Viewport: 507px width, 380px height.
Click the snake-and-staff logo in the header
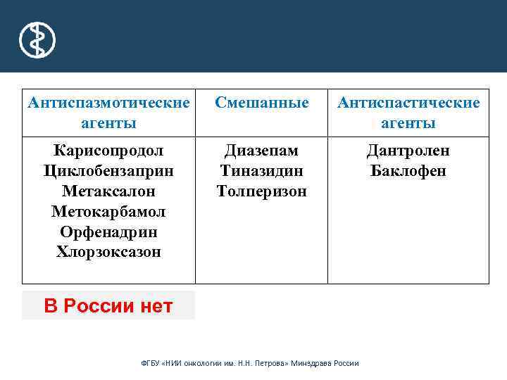[37, 39]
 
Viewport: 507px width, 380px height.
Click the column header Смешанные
[261, 103]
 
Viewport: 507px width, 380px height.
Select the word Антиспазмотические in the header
[108, 103]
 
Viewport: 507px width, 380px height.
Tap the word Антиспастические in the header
[408, 103]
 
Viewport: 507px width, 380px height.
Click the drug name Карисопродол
[108, 151]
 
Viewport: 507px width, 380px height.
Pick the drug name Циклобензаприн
[108, 171]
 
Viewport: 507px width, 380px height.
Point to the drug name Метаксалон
[108, 191]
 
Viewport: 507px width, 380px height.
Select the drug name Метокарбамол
[108, 212]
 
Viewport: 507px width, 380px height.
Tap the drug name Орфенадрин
[108, 232]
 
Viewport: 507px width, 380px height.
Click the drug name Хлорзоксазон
[108, 252]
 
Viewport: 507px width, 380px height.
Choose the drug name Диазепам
[261, 151]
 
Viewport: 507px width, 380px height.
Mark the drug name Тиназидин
[261, 171]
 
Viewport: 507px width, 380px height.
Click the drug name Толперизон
[261, 191]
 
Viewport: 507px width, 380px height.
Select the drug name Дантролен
[408, 151]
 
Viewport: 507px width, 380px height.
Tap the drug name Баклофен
[408, 171]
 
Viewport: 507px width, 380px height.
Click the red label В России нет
[108, 306]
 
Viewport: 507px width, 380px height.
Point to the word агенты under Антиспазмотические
[108, 123]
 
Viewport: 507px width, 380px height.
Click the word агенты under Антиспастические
[408, 123]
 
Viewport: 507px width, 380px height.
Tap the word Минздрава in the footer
[314, 364]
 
